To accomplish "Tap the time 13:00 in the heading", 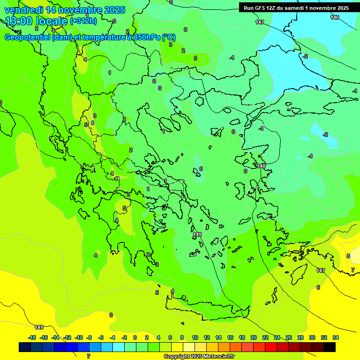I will click(19, 21).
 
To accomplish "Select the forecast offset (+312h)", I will click(83, 21).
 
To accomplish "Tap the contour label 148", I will click(261, 166).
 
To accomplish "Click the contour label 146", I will click(334, 17).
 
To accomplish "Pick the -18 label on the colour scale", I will click(32, 337).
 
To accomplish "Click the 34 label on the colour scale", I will click(336, 337).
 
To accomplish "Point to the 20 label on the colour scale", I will click(254, 337).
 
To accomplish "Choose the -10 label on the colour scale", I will click(78, 337).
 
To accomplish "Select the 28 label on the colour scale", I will click(300, 337).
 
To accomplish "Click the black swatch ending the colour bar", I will click(330, 347).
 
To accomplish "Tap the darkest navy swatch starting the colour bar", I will click(25, 347).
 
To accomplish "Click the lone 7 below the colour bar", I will click(89, 356).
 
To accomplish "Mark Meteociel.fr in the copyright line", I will click(218, 357).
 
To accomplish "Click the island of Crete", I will click(206, 309).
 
